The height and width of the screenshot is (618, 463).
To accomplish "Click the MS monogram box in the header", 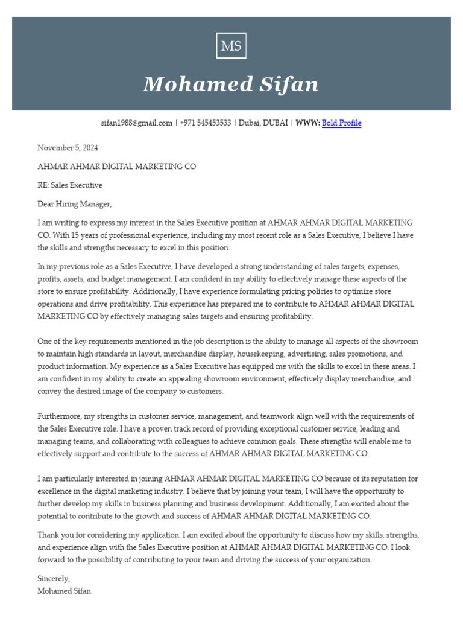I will point(231,46).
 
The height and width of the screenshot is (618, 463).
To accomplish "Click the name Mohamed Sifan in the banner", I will point(231,84).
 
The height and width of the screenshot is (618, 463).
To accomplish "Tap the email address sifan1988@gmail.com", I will point(137,123).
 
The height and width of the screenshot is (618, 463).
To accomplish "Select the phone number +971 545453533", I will point(205,123).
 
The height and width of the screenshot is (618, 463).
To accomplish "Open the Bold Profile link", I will point(341,123).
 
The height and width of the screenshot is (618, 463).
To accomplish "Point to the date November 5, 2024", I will point(68,148).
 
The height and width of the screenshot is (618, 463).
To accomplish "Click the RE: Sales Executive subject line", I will point(70,185).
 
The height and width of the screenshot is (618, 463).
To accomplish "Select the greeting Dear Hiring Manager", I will point(75,204).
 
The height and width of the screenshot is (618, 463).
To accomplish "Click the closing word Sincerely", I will point(54,579).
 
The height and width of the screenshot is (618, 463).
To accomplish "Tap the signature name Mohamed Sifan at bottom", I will point(65,591).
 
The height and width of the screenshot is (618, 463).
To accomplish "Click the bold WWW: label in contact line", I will point(307,123).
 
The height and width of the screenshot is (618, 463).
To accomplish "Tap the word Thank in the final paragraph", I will point(48,535).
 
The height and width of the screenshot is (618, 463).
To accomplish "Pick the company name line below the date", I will point(116,167).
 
